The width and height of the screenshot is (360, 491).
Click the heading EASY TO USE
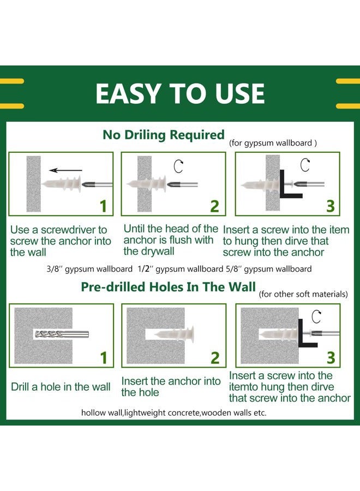pyautogui.click(x=180, y=93)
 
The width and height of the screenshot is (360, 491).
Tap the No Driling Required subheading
pyautogui.click(x=164, y=135)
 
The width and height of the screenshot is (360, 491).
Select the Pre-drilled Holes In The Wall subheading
pyautogui.click(x=169, y=287)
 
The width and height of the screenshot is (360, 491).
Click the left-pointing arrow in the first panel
pyautogui.click(x=65, y=170)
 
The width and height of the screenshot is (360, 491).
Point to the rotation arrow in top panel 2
pyautogui.click(x=178, y=166)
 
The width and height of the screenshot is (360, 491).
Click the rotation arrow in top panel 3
pyautogui.click(x=305, y=165)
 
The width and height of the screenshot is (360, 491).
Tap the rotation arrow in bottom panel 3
pyautogui.click(x=316, y=316)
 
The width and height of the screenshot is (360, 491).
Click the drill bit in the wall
pyautogui.click(x=62, y=334)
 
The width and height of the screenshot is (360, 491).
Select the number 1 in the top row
pyautogui.click(x=103, y=206)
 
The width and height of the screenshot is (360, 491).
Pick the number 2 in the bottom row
pyautogui.click(x=215, y=358)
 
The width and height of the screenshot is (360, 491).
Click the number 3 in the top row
pyautogui.click(x=331, y=206)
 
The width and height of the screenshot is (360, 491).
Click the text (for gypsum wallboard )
pyautogui.click(x=273, y=143)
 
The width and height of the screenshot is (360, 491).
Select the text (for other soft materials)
pyautogui.click(x=303, y=295)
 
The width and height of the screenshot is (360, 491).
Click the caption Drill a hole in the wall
pyautogui.click(x=61, y=387)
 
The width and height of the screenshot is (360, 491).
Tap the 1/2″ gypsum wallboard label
pyautogui.click(x=181, y=269)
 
